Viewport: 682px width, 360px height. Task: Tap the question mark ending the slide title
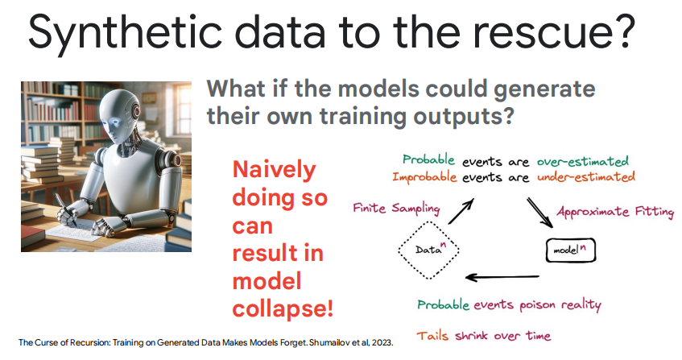[x=624, y=31]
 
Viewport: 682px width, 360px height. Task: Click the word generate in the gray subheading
[x=544, y=90]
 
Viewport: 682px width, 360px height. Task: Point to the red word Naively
[x=275, y=171]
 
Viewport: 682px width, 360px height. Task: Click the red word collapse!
[x=283, y=308]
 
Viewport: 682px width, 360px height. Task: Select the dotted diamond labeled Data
[x=429, y=250]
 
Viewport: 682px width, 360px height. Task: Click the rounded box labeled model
[x=570, y=250]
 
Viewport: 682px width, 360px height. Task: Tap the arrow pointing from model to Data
[x=502, y=277]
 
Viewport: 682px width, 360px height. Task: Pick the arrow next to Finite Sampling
[x=461, y=211]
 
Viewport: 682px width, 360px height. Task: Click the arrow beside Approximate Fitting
[x=540, y=213]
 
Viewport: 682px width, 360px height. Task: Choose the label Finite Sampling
[x=396, y=209]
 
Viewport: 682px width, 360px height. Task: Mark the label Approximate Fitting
[x=615, y=212]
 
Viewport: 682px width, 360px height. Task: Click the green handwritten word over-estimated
[x=583, y=162]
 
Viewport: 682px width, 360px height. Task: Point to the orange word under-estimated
[x=586, y=177]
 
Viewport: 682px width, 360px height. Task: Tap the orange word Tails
[x=432, y=336]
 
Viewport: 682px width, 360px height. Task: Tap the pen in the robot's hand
[x=65, y=209]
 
